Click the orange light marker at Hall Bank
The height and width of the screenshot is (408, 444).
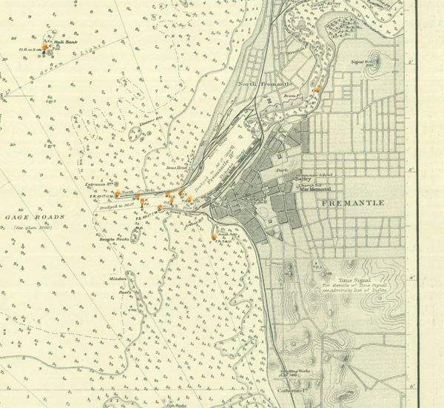tap(45, 47)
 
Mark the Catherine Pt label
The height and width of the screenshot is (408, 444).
tap(293, 391)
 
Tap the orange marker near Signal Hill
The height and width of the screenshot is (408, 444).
tap(317, 89)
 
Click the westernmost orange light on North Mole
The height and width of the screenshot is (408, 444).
tap(117, 194)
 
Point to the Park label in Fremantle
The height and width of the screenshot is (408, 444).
tap(282, 171)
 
